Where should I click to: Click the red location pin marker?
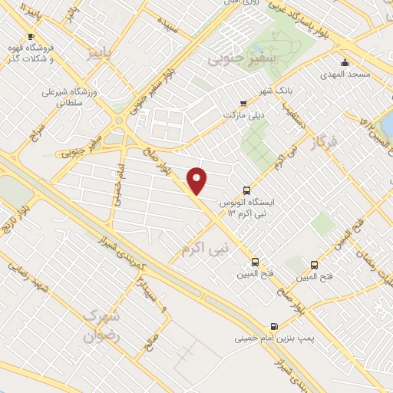click(x=197, y=180)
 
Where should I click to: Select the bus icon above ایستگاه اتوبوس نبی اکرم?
click(x=246, y=190)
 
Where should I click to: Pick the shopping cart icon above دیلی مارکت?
click(x=243, y=104)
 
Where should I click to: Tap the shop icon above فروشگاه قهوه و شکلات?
click(x=31, y=36)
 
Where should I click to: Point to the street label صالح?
click(x=153, y=334)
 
